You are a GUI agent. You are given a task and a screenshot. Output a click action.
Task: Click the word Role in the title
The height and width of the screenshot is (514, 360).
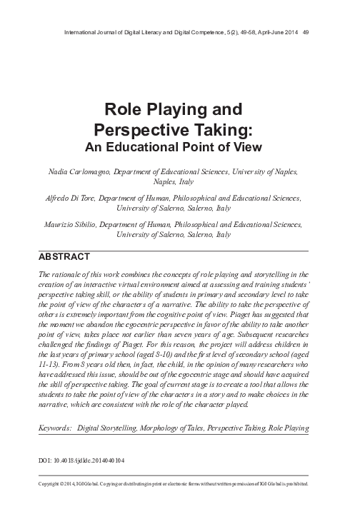click(123, 110)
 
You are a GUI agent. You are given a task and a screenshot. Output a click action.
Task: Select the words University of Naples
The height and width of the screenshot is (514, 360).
click(272, 172)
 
